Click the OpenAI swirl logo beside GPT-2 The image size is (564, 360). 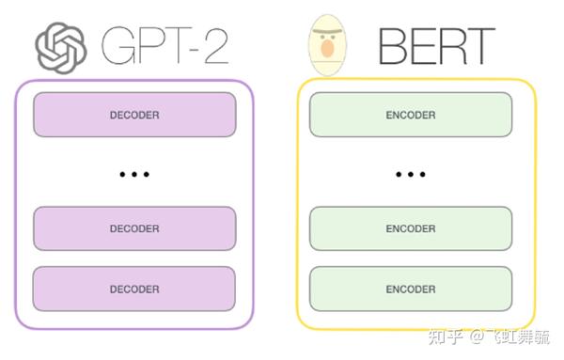click(x=60, y=44)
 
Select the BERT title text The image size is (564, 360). click(x=435, y=45)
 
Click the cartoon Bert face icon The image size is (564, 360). click(x=326, y=44)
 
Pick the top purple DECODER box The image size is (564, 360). click(x=134, y=115)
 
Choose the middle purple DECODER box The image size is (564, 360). click(x=134, y=228)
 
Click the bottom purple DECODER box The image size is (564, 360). click(x=134, y=289)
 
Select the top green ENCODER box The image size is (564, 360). click(x=411, y=115)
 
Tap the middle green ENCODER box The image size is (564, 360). click(x=411, y=228)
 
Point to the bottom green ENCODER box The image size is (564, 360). click(x=411, y=289)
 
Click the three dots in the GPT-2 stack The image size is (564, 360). click(x=134, y=174)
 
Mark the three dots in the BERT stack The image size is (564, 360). click(x=411, y=174)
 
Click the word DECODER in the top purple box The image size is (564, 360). click(x=134, y=115)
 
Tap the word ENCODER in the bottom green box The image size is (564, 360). click(x=411, y=289)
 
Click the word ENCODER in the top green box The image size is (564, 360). click(x=411, y=115)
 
